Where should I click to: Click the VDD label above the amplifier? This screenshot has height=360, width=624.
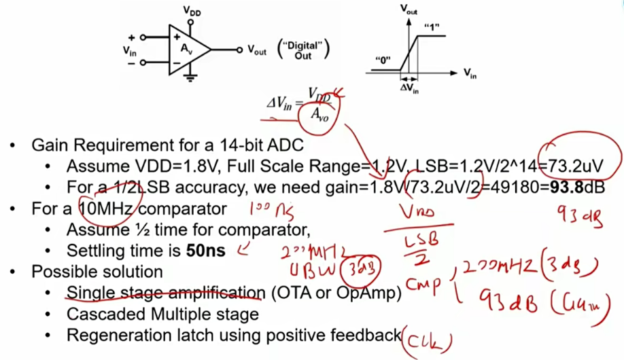pos(192,10)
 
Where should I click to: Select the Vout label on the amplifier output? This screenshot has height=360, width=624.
pos(257,50)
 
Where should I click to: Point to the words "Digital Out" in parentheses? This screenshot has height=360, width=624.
pos(303,50)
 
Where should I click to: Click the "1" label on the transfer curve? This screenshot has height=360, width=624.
pos(430,26)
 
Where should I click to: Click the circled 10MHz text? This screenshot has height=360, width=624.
pos(109,208)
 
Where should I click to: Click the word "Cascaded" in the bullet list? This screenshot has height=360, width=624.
pos(97,314)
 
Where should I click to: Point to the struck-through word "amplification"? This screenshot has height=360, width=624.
pos(219,293)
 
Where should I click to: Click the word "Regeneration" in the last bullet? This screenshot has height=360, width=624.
pos(110,335)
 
